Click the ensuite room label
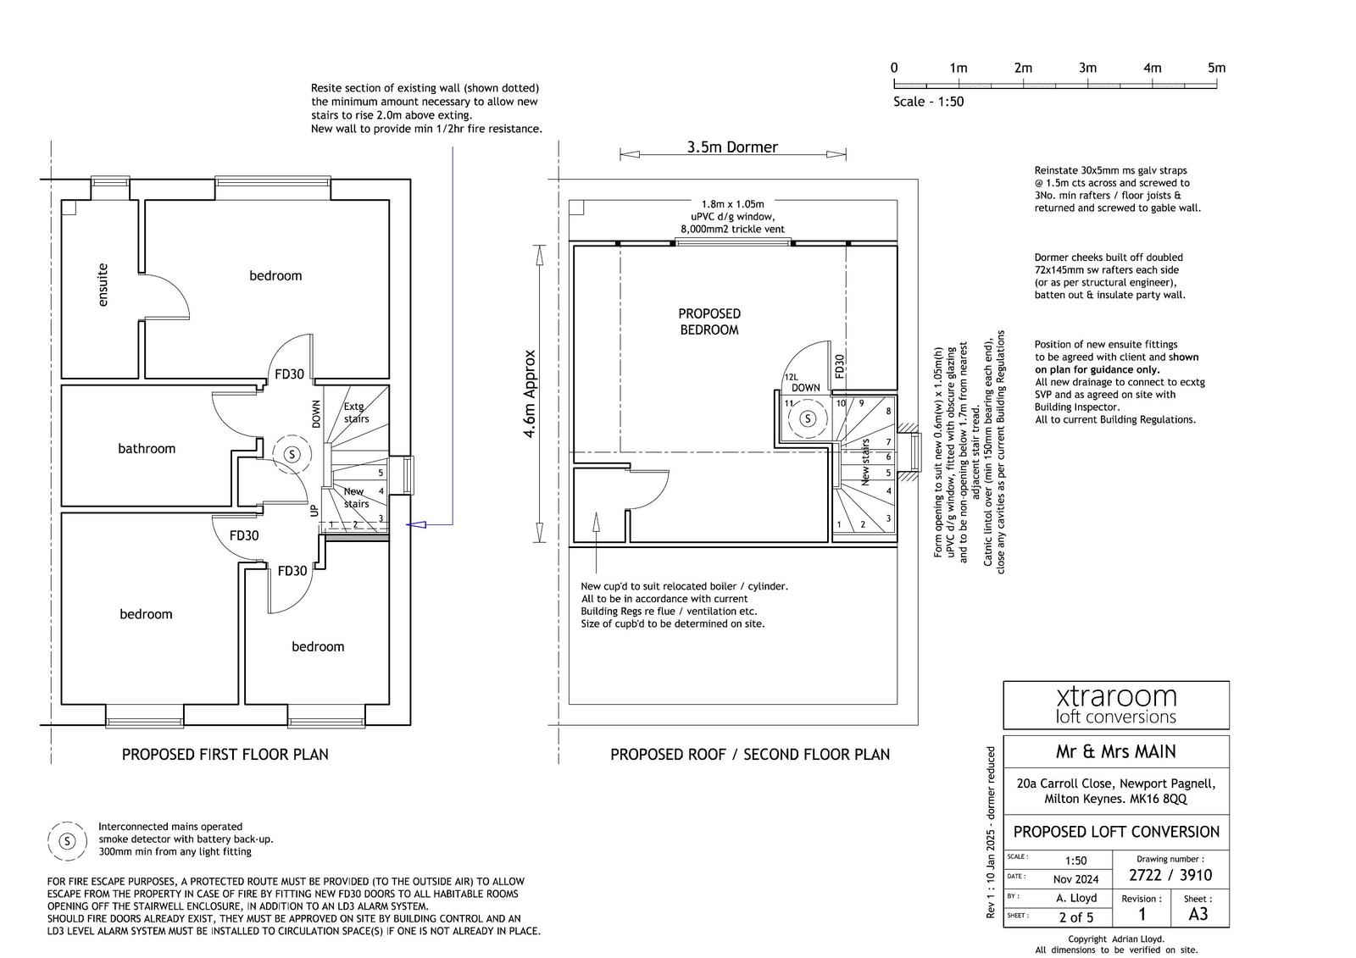point(103,285)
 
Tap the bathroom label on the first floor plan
point(147,449)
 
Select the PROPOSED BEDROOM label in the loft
point(709,322)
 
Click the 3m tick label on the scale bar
point(1087,68)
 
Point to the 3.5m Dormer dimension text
point(732,147)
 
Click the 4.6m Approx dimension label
point(531,394)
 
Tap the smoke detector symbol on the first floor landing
point(292,454)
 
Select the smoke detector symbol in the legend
point(68,841)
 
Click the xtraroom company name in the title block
point(1116,696)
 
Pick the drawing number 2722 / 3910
point(1170,875)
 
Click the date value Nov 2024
point(1075,879)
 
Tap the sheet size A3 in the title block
point(1198,914)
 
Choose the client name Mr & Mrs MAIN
point(1115,751)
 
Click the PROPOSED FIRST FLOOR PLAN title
point(225,754)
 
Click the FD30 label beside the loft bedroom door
point(839,366)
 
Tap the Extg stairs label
point(356,413)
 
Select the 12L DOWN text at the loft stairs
point(802,383)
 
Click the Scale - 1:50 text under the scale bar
point(928,102)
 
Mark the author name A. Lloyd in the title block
point(1076,898)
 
